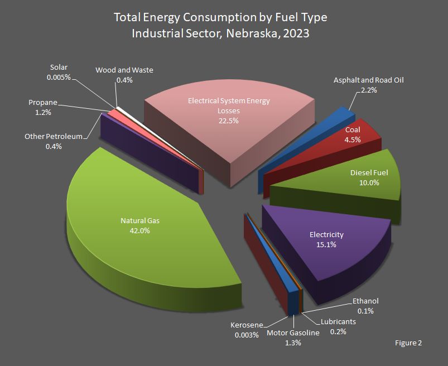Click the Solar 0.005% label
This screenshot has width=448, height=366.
tap(59, 73)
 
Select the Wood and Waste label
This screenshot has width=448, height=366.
tap(124, 75)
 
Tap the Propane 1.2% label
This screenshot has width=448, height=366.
tap(42, 107)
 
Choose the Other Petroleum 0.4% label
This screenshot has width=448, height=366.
tap(54, 141)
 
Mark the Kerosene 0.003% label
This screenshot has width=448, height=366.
tap(246, 330)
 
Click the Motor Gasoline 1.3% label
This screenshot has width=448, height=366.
tap(292, 338)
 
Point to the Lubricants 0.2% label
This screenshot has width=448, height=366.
tap(338, 326)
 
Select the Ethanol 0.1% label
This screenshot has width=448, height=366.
tap(366, 306)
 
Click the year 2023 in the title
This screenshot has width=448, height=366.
tap(296, 33)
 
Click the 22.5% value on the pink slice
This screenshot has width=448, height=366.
tap(229, 119)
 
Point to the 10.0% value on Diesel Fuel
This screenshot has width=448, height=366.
tap(369, 182)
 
